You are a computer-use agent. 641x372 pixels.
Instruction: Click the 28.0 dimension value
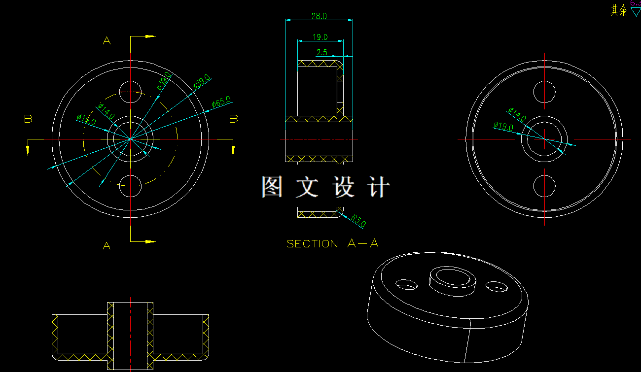coord(319,16)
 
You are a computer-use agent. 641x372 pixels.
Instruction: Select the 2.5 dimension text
coord(322,52)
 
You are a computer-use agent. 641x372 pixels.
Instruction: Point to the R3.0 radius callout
coord(358,221)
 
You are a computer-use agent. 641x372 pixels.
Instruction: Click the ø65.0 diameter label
coord(221,102)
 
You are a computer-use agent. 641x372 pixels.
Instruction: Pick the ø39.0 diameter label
coord(164,80)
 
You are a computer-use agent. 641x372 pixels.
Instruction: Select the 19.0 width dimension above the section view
coord(320,37)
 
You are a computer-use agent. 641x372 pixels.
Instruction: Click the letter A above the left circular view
coord(107,41)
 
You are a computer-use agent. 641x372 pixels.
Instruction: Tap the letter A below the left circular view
coord(107,245)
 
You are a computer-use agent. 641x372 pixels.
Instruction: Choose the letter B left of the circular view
coord(28,119)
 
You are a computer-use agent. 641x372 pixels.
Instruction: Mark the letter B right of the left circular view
coord(234,119)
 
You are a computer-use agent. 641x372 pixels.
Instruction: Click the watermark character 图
coord(272,187)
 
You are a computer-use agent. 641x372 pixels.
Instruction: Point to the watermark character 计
coord(379,187)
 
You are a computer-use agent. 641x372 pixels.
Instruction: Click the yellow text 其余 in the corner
coord(619,10)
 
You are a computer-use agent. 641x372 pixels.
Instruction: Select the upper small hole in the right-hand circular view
coord(544,92)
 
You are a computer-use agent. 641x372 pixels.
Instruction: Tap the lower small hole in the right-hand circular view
coord(544,186)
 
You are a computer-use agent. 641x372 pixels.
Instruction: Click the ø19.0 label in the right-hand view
coord(503,127)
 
